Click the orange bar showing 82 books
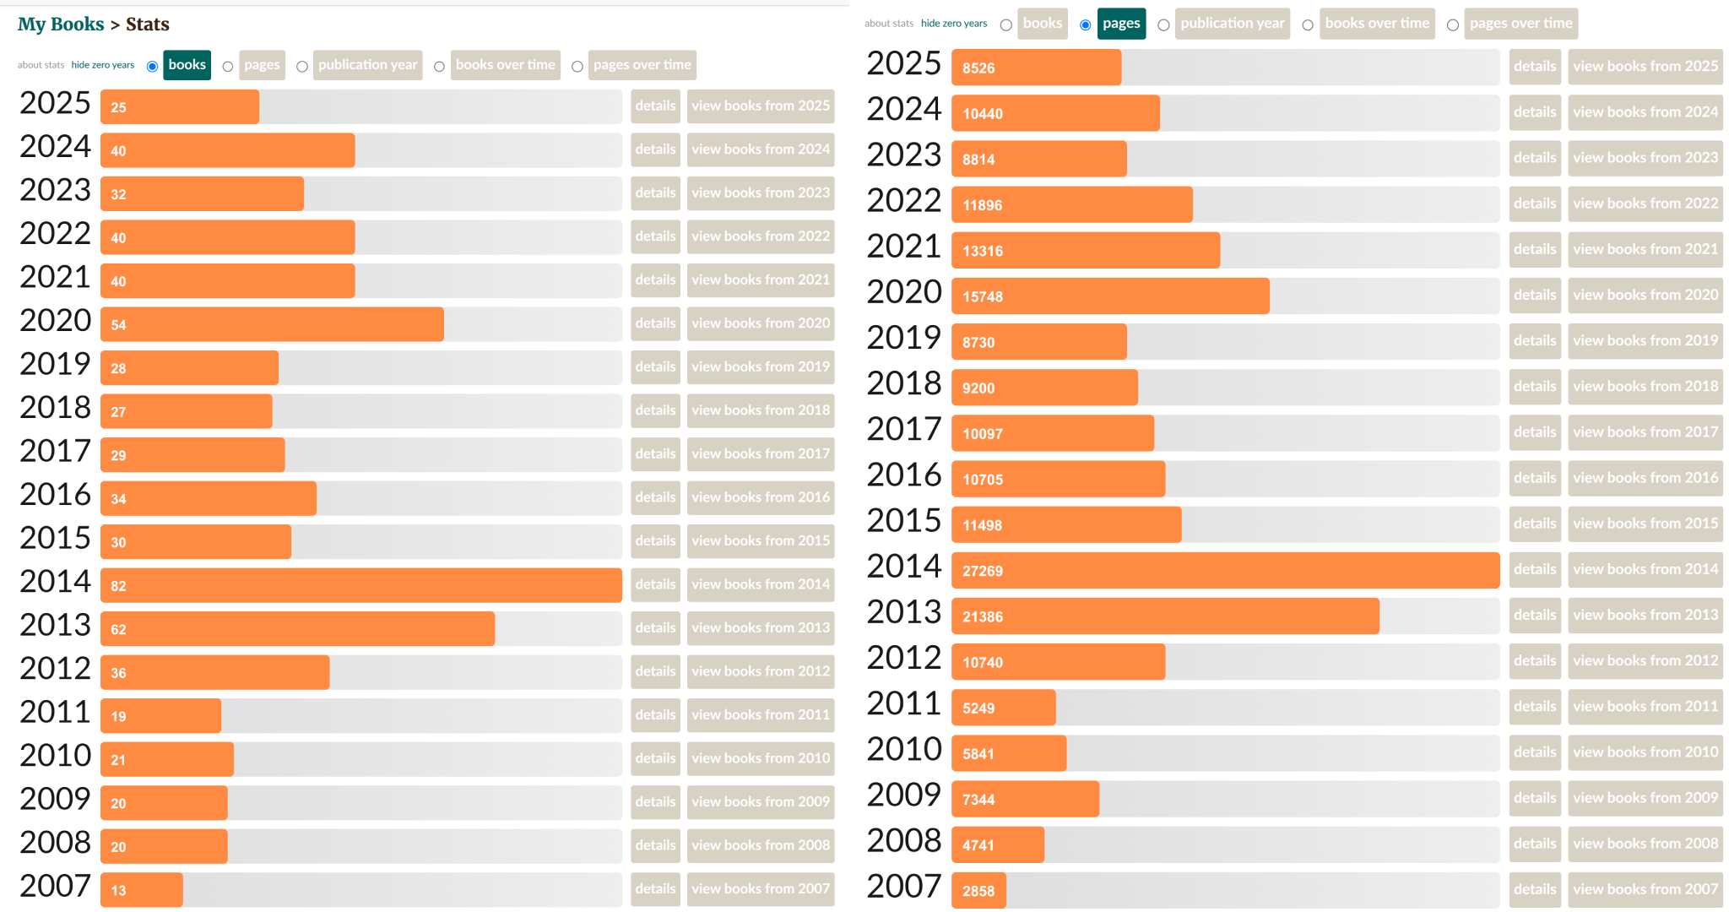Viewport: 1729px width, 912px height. [360, 585]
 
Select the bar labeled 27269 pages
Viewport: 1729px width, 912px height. [1224, 571]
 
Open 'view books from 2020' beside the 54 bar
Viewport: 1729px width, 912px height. [761, 323]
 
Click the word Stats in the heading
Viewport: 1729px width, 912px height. [148, 24]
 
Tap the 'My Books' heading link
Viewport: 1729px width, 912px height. [61, 24]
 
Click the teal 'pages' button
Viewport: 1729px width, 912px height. [1121, 24]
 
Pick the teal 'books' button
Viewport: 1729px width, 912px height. [187, 65]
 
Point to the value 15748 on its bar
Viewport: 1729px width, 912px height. [983, 297]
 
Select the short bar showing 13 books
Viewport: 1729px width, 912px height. [141, 890]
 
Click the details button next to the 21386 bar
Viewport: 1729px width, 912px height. [1534, 616]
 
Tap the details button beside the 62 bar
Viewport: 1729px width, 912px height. [655, 628]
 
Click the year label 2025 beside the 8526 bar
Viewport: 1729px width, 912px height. [903, 64]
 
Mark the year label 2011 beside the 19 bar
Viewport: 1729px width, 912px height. [55, 712]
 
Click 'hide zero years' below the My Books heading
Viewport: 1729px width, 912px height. [103, 65]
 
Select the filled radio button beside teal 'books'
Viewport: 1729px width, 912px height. [152, 67]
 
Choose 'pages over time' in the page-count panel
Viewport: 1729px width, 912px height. [1520, 24]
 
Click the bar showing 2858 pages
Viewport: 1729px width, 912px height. [978, 891]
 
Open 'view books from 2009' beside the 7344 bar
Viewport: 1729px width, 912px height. [1645, 798]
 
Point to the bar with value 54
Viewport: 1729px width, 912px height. [272, 324]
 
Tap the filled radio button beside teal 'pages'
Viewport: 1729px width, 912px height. [1085, 25]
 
